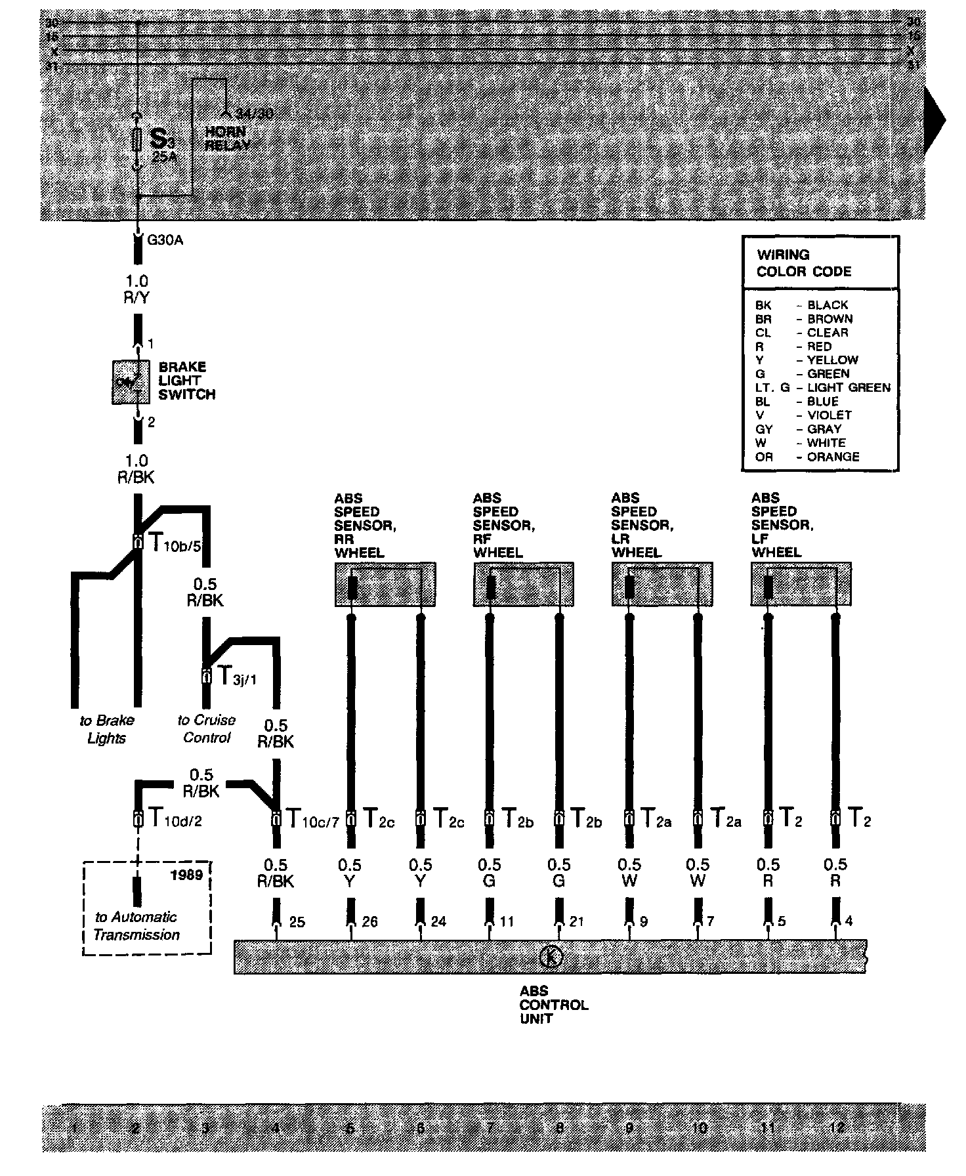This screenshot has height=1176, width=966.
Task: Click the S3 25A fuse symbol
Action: [x=137, y=140]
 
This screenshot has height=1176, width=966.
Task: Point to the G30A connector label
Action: [x=165, y=240]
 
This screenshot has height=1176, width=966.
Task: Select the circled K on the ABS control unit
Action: [x=551, y=957]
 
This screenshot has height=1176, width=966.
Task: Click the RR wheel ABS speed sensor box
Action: [x=385, y=584]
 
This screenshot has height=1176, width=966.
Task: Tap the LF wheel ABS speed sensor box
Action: [x=801, y=584]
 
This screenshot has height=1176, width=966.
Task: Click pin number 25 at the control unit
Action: [x=297, y=922]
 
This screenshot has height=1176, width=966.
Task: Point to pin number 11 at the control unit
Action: [x=506, y=922]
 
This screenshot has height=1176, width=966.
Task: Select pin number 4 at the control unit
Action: [x=849, y=921]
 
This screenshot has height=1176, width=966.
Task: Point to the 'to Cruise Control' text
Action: [x=206, y=728]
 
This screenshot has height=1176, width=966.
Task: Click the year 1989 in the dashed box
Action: [x=186, y=875]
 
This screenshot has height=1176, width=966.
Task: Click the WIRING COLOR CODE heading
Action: [x=804, y=263]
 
